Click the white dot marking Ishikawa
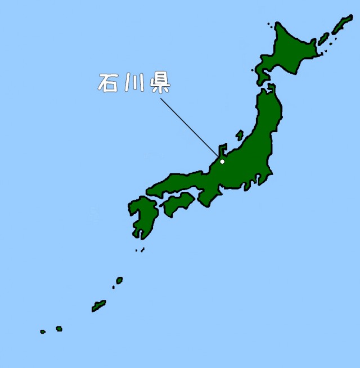coord(222,161)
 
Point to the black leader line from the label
coord(188,126)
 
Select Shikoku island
coord(178,204)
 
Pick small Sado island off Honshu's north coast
coord(240,135)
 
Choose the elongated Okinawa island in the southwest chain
coord(99,306)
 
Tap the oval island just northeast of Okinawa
coord(119,280)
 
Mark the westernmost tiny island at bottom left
coord(43,332)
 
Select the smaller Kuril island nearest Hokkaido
coord(323,39)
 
